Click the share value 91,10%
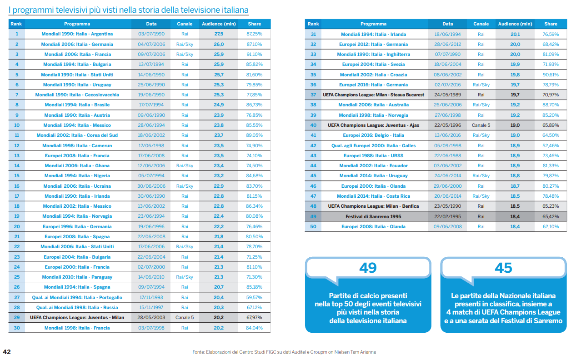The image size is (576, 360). click(254, 55)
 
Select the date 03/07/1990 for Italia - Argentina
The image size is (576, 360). click(151, 34)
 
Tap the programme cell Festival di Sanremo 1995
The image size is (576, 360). click(373, 216)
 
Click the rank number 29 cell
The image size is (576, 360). click(17, 318)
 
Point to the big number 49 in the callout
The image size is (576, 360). click(368, 268)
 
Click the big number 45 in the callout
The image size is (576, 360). click(503, 268)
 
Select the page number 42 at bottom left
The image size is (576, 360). click(7, 352)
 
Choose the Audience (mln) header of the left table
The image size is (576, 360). click(218, 24)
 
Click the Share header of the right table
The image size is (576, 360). click(551, 24)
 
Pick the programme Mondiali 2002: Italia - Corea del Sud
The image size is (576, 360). click(77, 135)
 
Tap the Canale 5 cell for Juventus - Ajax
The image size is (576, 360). click(481, 125)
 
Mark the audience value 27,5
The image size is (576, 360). click(219, 34)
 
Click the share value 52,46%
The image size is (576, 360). click(551, 146)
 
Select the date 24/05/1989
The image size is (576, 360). click(447, 95)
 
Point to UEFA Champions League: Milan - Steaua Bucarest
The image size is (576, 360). click(373, 95)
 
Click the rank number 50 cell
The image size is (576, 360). click(313, 227)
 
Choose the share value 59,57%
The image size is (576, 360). click(254, 298)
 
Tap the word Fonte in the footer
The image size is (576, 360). click(199, 352)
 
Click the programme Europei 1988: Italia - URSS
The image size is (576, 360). click(373, 156)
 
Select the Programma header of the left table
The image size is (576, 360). click(77, 24)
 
